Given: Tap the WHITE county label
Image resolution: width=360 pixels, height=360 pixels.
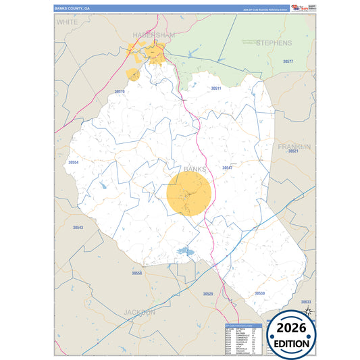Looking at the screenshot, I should pos(67,22).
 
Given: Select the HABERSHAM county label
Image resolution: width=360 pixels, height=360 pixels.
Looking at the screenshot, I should pos(154,34).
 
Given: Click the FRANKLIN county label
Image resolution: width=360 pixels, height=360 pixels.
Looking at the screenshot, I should pos(294,147).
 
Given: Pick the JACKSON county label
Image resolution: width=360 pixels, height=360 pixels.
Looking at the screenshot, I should pos(140,312).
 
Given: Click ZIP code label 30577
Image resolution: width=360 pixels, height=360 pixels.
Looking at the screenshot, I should pos(288,61).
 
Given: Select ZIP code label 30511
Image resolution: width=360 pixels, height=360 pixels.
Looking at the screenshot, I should pos(217,88).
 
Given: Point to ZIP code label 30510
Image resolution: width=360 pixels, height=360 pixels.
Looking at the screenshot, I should pos(120,91).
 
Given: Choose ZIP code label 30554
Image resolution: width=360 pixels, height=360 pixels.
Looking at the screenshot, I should pos(74,163).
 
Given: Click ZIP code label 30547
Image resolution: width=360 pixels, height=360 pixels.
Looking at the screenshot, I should pos(227,167).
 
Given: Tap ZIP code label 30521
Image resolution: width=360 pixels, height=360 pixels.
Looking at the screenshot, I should pos(293,151).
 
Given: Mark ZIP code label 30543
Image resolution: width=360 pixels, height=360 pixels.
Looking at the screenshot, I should pos(78,228).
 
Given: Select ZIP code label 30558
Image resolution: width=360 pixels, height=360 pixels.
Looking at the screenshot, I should pos(137,273).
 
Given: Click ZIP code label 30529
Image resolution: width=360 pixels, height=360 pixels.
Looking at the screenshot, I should pos(208,294).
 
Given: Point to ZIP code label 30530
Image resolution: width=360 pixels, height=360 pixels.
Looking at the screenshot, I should pos(259,293).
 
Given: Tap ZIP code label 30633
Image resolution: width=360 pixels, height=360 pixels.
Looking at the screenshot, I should pos(307,301).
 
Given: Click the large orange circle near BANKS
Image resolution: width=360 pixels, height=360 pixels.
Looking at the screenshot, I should pos(189,194).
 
